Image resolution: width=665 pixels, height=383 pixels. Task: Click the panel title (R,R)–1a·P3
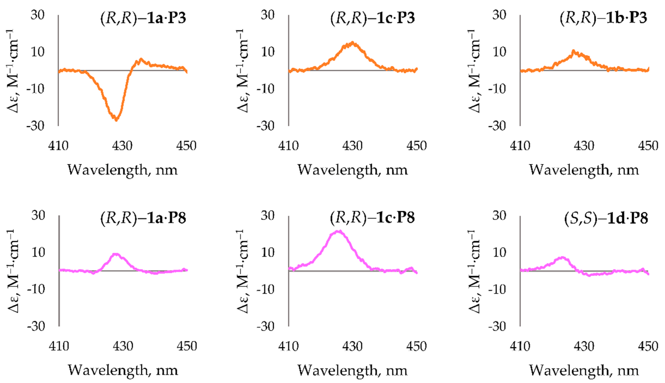(x=143, y=18)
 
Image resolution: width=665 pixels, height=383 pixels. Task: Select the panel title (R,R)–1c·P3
(x=372, y=18)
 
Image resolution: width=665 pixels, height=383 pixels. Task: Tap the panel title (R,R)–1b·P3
(x=603, y=18)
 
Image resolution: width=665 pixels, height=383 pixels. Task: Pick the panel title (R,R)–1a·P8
(x=143, y=218)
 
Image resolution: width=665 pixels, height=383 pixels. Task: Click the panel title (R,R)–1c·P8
(x=372, y=218)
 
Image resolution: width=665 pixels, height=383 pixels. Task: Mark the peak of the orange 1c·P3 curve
(x=352, y=43)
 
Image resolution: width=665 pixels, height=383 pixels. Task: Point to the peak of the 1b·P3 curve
(x=573, y=51)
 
